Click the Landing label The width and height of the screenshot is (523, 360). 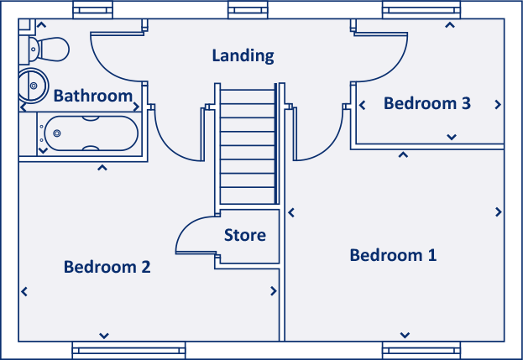[x=243, y=56]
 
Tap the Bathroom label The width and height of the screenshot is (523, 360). [x=92, y=96]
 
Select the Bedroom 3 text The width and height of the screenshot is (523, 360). [x=426, y=103]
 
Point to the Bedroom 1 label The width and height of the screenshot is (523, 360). [x=393, y=255]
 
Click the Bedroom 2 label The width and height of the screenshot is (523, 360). [x=107, y=267]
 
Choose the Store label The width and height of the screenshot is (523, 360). [x=244, y=235]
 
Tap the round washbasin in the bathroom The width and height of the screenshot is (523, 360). [x=32, y=83]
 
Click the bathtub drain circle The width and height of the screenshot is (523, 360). [x=58, y=133]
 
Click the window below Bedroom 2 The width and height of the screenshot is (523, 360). [x=128, y=350]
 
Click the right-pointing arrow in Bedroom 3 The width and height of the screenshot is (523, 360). [x=499, y=105]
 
